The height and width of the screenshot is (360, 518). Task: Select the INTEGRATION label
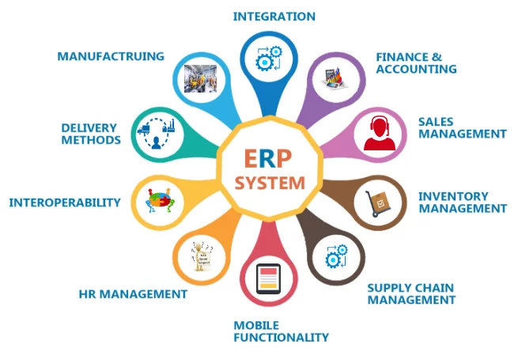click(x=274, y=16)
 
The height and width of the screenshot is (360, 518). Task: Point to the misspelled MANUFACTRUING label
click(x=111, y=56)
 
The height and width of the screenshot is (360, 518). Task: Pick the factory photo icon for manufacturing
click(x=199, y=78)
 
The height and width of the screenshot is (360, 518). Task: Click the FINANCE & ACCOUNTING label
click(x=416, y=63)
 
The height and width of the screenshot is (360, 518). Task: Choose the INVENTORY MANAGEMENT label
click(x=462, y=203)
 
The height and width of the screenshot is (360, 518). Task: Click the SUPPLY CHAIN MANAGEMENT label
click(x=411, y=294)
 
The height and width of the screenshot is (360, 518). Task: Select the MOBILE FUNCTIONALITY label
click(x=281, y=331)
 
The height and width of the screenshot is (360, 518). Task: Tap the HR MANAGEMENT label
click(x=133, y=294)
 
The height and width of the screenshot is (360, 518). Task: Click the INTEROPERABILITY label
click(x=65, y=203)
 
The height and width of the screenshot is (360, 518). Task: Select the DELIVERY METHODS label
click(x=91, y=134)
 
